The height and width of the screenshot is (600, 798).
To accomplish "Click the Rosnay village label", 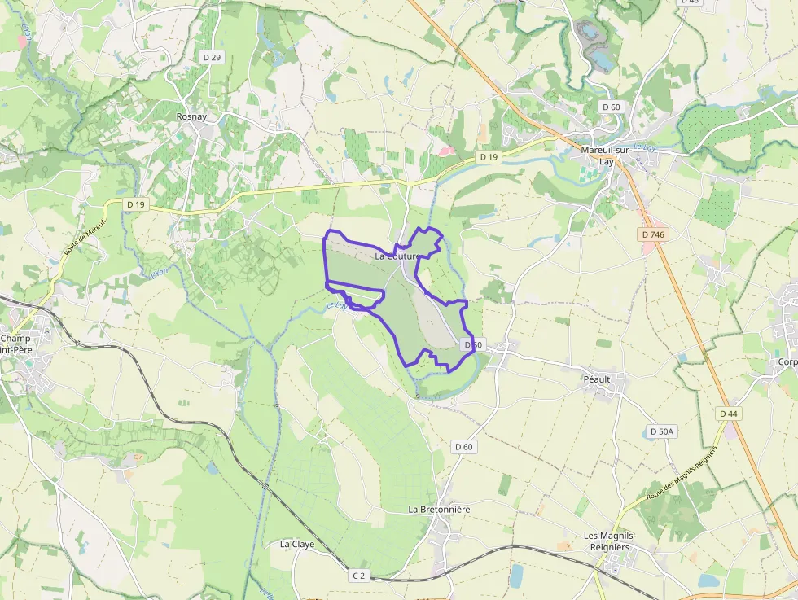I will [x=191, y=116].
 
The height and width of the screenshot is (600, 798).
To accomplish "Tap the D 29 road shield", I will [x=212, y=57].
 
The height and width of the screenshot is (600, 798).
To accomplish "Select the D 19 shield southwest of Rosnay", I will [x=135, y=204].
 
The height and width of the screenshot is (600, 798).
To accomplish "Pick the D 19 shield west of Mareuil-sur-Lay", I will [x=489, y=156].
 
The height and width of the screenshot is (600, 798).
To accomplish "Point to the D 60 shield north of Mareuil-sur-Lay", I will [x=611, y=107].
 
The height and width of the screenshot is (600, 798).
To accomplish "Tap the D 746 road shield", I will [x=654, y=234].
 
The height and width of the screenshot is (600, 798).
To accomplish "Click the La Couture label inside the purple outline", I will [x=397, y=256].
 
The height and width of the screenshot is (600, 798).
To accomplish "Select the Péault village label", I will [x=596, y=379].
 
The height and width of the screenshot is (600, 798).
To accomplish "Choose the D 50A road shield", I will [x=663, y=431].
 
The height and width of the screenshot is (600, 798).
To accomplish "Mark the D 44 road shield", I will [x=729, y=414].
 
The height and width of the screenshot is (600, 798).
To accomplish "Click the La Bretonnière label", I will [x=439, y=509].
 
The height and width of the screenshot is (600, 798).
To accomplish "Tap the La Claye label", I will [x=296, y=543].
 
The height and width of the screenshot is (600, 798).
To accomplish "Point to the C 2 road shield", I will [x=359, y=575].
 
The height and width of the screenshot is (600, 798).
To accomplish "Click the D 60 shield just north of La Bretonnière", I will [x=463, y=446].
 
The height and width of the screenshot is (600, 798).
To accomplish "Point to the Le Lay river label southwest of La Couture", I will [x=336, y=305].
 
